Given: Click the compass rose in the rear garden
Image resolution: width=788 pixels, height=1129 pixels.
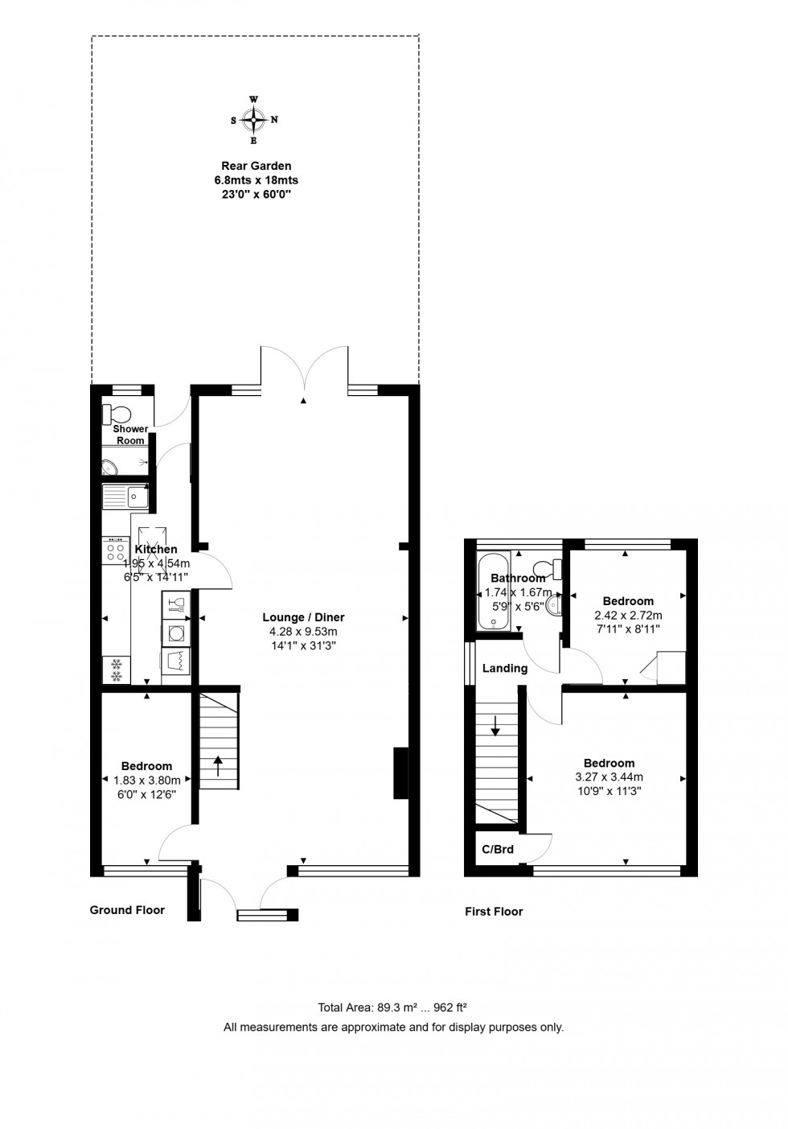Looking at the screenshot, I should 254,120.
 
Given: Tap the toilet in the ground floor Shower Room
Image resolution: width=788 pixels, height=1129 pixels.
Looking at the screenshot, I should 117,414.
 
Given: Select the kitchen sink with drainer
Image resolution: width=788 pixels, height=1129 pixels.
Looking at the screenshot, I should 125,498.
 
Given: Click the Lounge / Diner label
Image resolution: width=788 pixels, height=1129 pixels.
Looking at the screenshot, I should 303,617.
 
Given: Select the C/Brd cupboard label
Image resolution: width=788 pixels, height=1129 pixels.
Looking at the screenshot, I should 497,849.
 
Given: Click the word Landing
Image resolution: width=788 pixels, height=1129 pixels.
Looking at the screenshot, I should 505,668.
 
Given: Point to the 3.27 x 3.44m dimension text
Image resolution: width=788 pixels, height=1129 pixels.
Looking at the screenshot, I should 609,777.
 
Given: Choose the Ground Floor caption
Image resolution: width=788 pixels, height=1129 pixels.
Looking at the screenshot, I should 127,910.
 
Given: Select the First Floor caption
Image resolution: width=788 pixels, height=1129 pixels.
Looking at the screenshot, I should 494,912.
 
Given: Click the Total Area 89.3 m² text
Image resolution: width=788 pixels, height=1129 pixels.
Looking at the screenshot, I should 393,1007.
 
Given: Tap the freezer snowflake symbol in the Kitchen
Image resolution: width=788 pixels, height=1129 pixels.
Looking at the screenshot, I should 117,670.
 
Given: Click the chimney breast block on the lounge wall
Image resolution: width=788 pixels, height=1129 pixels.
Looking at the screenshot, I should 400,773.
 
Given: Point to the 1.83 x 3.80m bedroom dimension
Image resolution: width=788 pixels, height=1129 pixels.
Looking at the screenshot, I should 146,780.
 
